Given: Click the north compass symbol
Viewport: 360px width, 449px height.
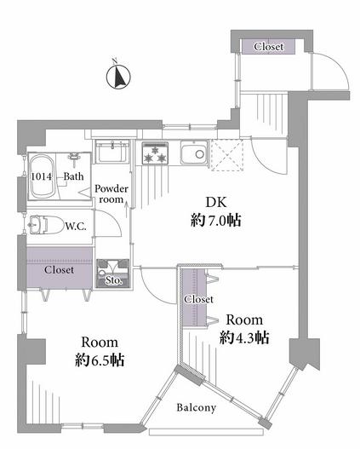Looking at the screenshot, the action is click(118, 76).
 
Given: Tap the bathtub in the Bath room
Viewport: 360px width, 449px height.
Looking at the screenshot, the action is click(43, 176).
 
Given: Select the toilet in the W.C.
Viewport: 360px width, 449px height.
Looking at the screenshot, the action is click(47, 225).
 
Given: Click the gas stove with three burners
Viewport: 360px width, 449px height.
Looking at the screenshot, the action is click(155, 153).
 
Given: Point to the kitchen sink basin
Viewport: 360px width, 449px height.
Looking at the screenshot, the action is click(194, 154).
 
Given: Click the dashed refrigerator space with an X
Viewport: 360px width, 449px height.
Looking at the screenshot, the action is click(227, 155).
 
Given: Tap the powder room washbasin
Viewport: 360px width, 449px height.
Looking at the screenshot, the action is click(111, 151).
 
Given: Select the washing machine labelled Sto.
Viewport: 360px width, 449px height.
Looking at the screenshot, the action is click(113, 273).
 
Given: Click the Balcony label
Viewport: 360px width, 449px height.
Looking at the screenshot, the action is click(196, 407).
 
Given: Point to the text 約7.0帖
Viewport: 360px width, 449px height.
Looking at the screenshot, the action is click(216, 221).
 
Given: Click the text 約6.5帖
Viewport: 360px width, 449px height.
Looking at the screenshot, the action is click(100, 360).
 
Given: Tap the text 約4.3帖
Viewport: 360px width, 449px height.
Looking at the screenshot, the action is click(244, 337).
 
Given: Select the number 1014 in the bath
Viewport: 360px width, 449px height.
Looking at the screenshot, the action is click(42, 176).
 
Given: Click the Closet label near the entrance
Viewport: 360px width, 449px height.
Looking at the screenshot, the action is click(269, 46).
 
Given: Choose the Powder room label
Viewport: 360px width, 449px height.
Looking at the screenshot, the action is click(111, 194).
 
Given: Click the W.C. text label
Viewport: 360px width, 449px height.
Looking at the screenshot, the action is click(76, 227).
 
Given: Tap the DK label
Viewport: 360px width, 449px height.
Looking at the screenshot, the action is click(216, 203).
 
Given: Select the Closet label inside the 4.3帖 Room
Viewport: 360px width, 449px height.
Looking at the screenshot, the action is click(198, 299).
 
